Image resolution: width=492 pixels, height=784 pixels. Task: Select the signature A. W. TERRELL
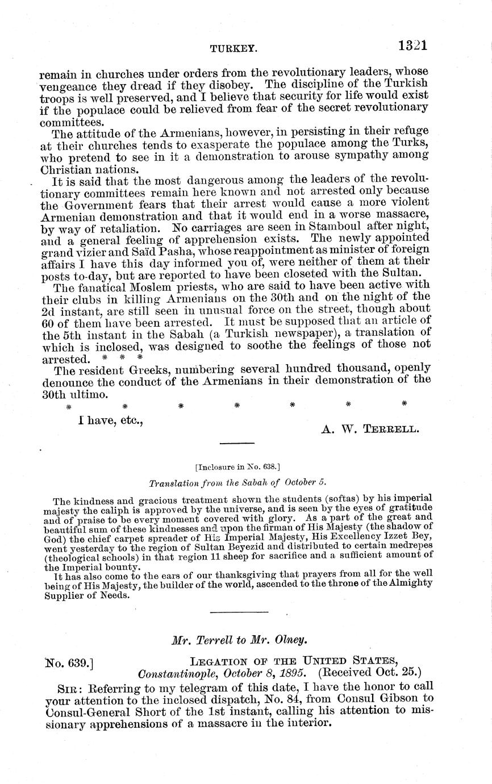point(370,429)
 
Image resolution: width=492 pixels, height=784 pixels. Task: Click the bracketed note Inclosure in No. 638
point(237,467)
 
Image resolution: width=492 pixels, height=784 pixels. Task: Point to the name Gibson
point(395,698)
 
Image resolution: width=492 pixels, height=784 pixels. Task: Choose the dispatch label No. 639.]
point(69,662)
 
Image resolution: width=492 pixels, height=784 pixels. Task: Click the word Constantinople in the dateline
point(181,674)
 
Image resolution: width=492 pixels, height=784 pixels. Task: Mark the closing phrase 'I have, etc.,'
point(110,421)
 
